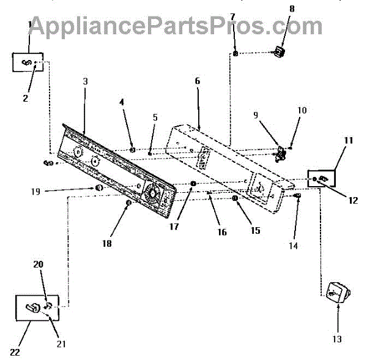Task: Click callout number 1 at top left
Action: (x=29, y=24)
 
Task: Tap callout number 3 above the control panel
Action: (x=86, y=81)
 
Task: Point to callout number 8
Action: (x=275, y=9)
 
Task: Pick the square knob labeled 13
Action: (x=336, y=292)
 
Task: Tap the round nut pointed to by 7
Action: (x=235, y=54)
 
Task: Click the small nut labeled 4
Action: (x=132, y=149)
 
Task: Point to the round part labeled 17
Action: (x=193, y=184)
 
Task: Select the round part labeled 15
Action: (x=235, y=199)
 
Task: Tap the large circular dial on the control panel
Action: (x=151, y=196)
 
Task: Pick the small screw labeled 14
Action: (x=297, y=195)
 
